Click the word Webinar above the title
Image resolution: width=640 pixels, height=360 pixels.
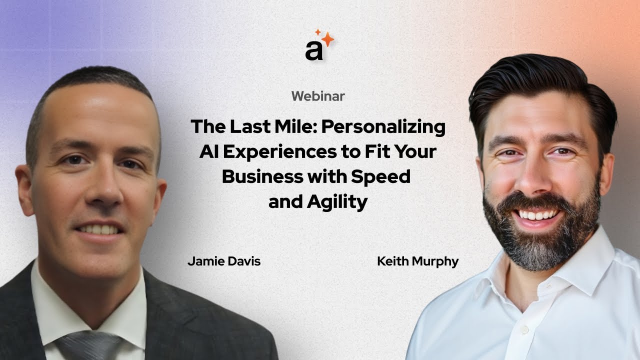tap(317, 96)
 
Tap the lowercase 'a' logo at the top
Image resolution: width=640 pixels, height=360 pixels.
tap(314, 50)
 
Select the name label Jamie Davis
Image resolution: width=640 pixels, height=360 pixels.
tap(223, 261)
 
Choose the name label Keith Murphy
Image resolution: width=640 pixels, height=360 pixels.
tap(417, 261)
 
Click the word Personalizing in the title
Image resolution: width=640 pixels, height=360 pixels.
tap(383, 127)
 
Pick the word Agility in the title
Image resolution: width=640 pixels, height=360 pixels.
tap(339, 202)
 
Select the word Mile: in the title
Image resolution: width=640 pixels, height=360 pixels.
tap(294, 127)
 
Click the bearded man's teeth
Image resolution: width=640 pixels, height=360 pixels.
tap(538, 214)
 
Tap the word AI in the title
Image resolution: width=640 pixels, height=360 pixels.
tap(209, 152)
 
